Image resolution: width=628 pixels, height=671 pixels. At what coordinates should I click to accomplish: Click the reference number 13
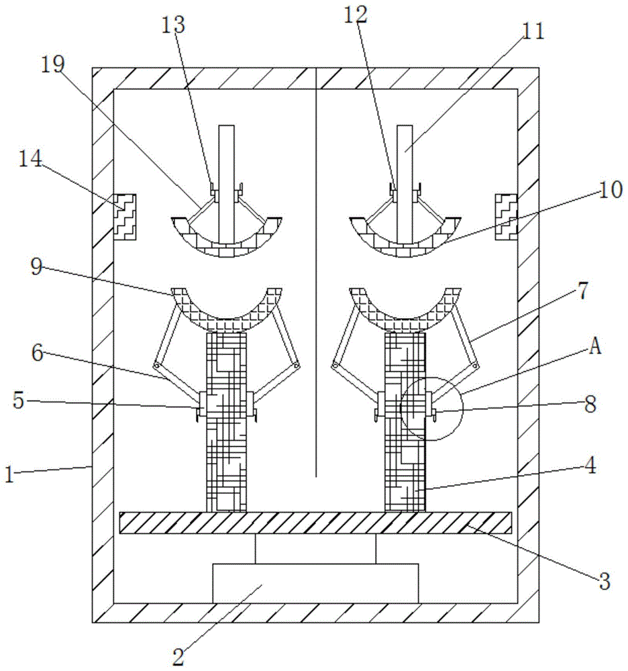173,25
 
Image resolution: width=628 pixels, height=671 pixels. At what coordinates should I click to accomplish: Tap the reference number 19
52,64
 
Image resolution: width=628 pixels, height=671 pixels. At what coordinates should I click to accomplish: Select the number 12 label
355,15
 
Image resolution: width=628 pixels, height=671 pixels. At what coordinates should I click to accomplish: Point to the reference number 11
533,32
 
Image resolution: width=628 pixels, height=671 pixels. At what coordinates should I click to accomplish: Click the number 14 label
30,159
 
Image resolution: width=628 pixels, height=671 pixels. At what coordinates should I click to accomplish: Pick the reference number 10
610,190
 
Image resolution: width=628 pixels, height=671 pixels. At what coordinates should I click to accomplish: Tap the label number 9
36,267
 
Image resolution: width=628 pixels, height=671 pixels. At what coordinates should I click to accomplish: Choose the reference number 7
583,291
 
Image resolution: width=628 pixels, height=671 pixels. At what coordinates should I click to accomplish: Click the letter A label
595,346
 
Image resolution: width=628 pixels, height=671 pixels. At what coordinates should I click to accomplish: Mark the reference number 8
590,404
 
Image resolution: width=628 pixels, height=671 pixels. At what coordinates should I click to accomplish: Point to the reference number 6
38,353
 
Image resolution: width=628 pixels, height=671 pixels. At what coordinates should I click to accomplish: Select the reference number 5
18,401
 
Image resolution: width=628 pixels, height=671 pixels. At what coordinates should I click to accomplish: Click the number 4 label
590,465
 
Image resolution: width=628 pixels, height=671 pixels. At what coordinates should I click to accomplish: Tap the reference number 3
604,582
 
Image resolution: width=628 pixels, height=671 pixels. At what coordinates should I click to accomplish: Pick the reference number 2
178,657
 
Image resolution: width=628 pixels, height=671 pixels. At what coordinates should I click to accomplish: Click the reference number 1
9,474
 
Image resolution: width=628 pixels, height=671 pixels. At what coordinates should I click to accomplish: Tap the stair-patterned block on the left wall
125,217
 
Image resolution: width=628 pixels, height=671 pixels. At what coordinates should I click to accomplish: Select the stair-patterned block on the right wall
507,217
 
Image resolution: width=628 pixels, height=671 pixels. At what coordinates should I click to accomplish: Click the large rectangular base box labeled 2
316,584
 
